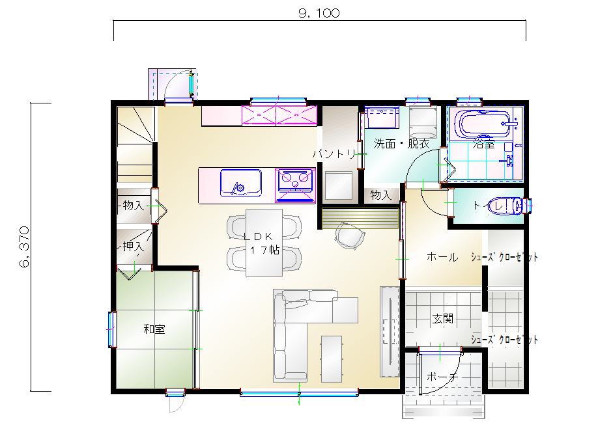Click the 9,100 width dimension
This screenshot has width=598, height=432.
319,13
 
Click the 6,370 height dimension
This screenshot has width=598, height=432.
24,247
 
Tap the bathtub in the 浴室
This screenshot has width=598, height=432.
485,124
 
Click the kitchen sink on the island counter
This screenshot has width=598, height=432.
240,182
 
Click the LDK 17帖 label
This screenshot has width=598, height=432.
262,243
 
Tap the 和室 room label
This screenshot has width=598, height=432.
154,329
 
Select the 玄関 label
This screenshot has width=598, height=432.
443,318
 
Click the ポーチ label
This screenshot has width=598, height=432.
442,377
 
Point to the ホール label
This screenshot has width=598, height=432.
442,257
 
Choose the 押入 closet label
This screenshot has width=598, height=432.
134,247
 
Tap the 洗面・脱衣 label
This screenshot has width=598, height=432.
401,144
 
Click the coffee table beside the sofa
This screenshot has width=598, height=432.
332,358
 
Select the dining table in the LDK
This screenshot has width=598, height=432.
264,243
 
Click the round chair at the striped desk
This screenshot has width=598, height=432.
349,236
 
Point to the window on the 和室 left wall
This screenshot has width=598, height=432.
112,329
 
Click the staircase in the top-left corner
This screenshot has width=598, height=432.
135,145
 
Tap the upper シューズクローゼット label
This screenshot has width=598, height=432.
504,257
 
